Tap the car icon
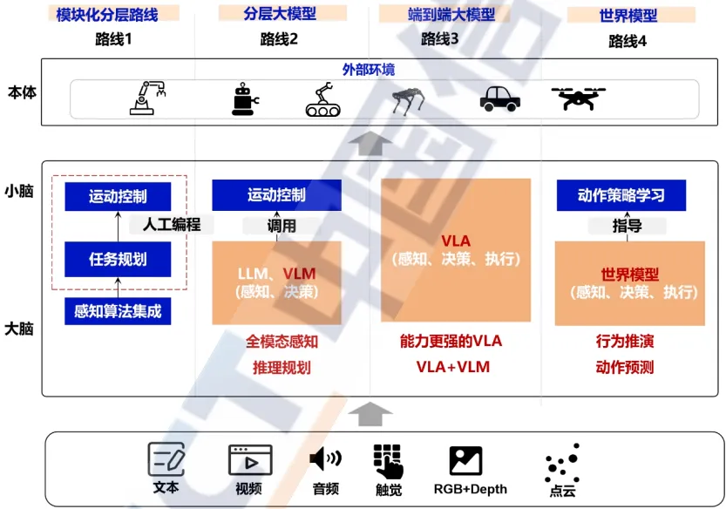(x=500, y=98)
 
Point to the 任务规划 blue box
(x=118, y=259)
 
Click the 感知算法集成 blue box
(x=118, y=310)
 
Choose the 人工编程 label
(x=172, y=224)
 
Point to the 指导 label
(x=627, y=226)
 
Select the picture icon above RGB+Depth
(x=466, y=460)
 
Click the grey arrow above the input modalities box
(x=370, y=413)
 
